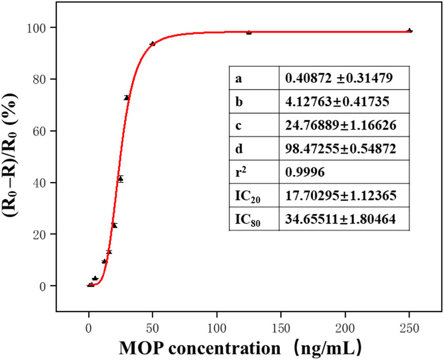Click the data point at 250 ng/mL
click(x=409, y=31)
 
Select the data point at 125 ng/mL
click(x=249, y=32)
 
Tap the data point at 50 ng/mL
click(x=153, y=44)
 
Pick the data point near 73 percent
click(x=127, y=98)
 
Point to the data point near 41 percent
click(x=120, y=179)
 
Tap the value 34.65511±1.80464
click(x=340, y=220)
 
